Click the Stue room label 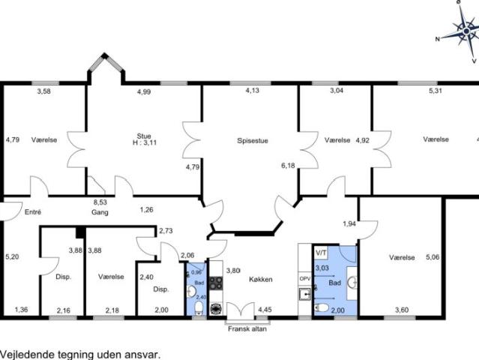(144, 136)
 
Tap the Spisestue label (253, 140)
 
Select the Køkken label (261, 279)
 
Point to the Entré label (33, 211)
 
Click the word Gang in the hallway (100, 212)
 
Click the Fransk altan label (247, 328)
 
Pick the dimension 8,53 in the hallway (100, 202)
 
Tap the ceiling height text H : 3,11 (145, 142)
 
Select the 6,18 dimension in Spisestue (288, 166)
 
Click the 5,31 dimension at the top (436, 91)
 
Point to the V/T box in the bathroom (321, 253)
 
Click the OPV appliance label (305, 279)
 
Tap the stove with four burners (216, 283)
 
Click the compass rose (466, 31)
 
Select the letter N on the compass (438, 39)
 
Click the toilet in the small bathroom (199, 307)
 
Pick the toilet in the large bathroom (322, 307)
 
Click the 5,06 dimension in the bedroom (433, 257)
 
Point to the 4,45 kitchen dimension (265, 310)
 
